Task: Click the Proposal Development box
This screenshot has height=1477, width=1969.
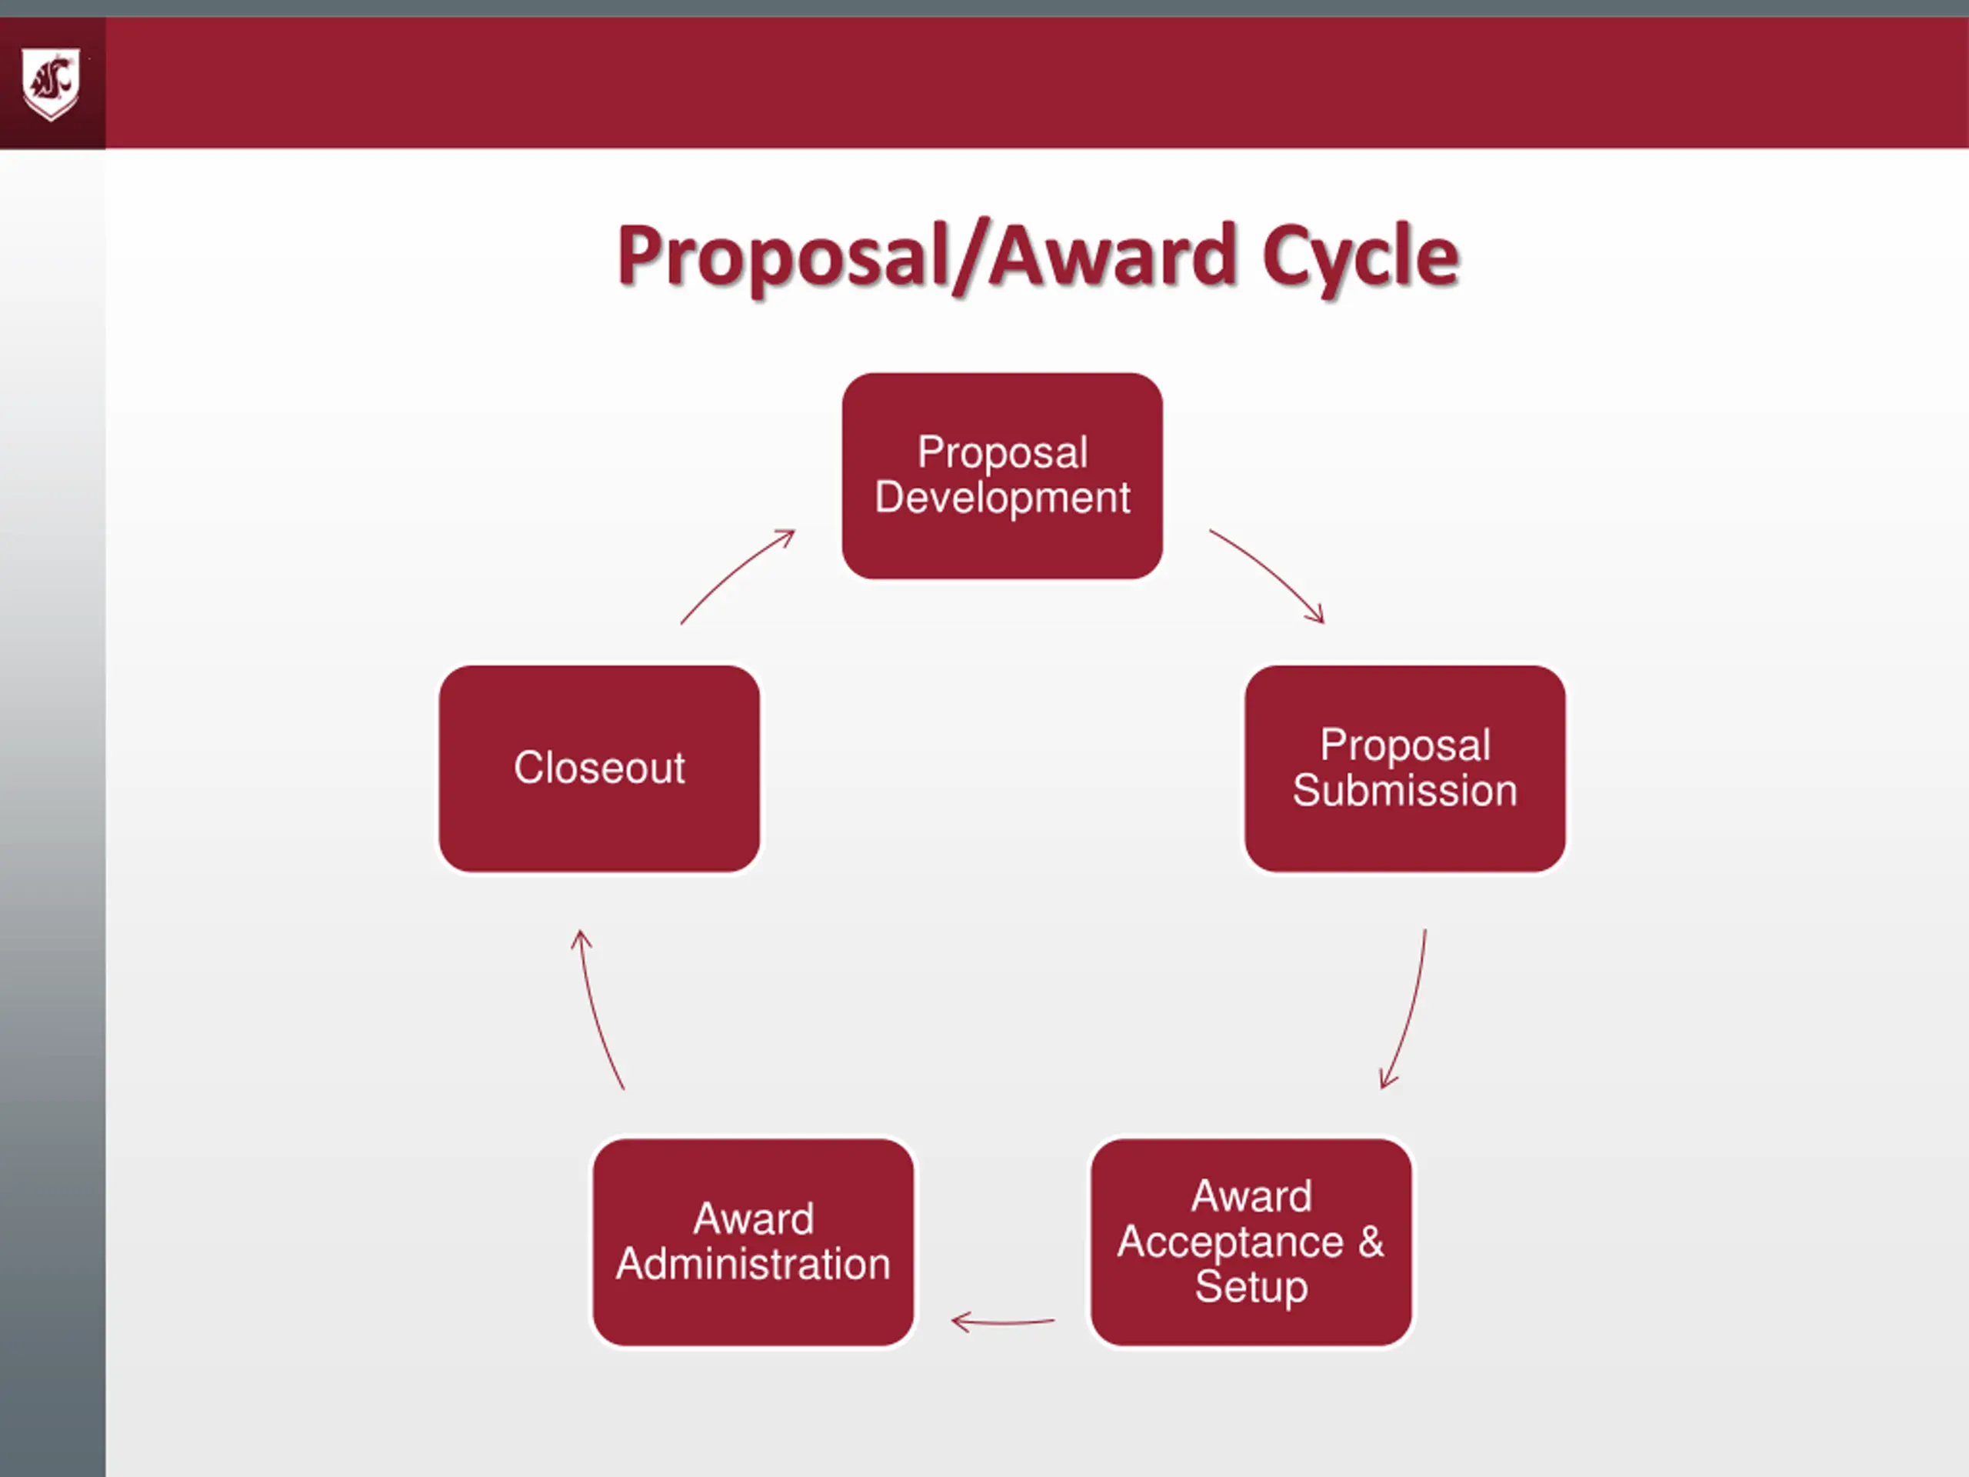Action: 1001,475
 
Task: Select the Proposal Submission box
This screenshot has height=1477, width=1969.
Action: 1404,769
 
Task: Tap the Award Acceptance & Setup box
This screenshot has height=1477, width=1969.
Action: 1251,1242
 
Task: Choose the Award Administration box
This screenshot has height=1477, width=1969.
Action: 753,1242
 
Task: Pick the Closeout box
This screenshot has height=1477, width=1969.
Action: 599,769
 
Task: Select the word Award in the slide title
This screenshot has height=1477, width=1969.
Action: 1113,256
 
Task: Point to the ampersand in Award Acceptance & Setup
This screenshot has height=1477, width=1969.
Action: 1371,1241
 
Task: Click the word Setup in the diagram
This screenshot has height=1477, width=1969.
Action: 1251,1286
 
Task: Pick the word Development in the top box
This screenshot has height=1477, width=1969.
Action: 1002,498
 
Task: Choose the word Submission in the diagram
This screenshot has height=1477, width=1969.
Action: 1404,791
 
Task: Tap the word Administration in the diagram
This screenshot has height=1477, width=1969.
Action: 753,1264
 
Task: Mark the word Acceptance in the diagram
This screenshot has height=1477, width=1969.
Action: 1229,1242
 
